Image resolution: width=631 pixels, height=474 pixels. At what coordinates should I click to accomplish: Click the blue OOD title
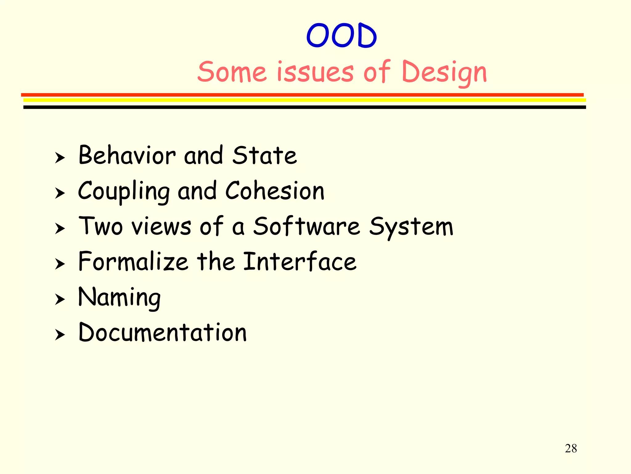(341, 36)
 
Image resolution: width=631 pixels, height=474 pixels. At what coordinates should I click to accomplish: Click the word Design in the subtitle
(444, 73)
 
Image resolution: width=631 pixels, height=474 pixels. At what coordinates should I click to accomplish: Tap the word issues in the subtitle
(315, 72)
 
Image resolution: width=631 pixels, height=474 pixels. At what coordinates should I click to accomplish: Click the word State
(264, 155)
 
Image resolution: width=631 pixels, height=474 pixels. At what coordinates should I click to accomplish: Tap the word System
(411, 227)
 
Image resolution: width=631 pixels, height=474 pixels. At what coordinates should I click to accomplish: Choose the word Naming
(120, 297)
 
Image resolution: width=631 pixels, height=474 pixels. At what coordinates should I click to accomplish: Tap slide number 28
(571, 448)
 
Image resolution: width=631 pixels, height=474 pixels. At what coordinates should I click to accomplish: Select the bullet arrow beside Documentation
(60, 335)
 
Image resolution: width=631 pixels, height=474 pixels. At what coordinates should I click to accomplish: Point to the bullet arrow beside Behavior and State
(60, 158)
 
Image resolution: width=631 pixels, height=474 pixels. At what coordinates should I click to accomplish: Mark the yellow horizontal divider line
(304, 100)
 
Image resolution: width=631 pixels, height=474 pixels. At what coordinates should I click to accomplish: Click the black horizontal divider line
(304, 107)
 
